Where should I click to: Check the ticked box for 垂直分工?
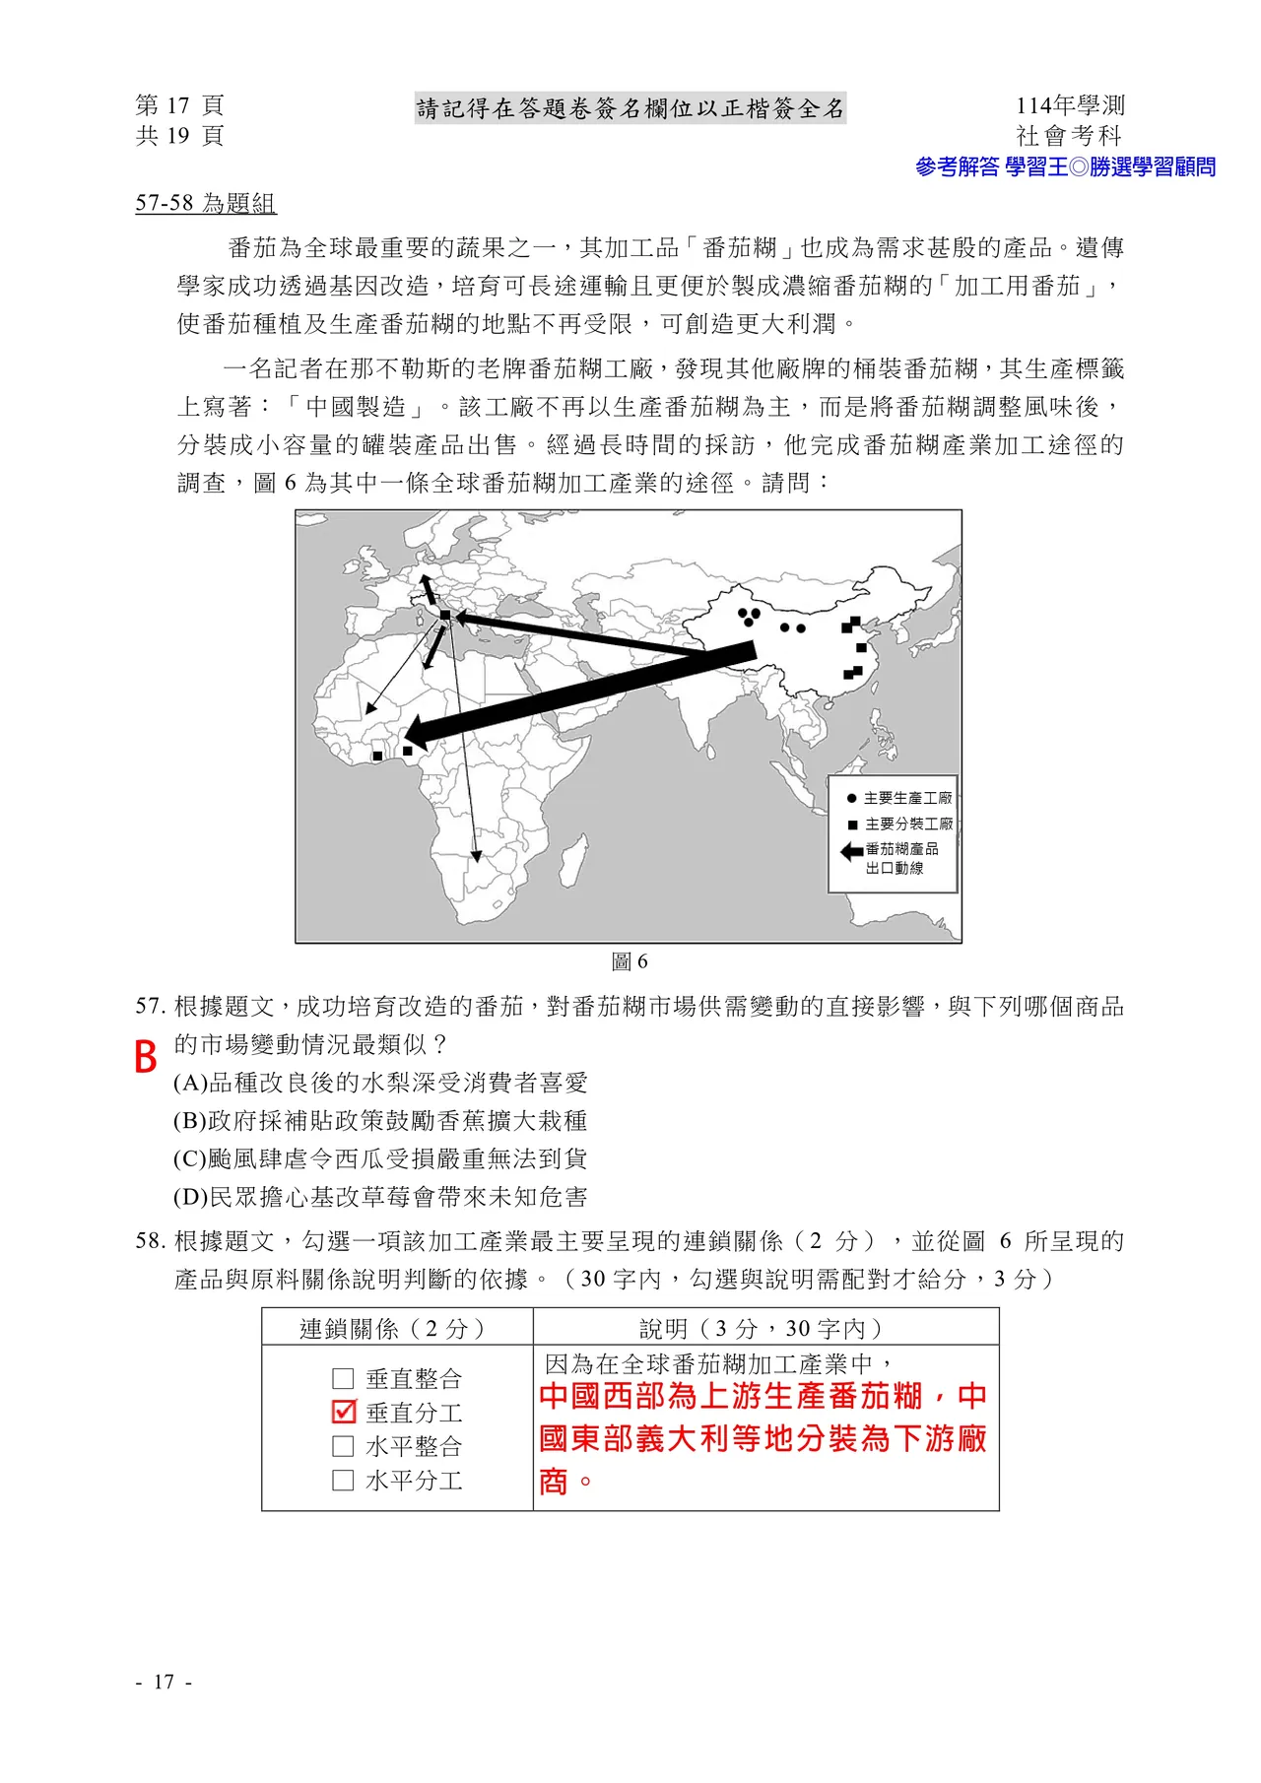344,1412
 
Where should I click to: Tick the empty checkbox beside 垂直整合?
343,1378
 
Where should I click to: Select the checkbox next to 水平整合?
343,1446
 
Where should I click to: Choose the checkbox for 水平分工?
343,1480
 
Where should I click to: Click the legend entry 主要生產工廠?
899,798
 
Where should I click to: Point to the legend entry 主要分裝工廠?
899,824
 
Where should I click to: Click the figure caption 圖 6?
630,961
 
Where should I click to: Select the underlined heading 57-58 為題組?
206,203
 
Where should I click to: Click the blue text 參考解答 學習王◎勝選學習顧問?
1065,166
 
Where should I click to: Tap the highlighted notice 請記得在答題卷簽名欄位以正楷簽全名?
630,108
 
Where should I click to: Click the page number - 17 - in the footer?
164,1682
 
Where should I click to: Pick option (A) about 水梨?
380,1083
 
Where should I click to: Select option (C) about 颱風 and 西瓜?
380,1158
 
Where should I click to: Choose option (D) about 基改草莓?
380,1197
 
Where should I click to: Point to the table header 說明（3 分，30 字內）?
764,1328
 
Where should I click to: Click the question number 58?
150,1241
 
